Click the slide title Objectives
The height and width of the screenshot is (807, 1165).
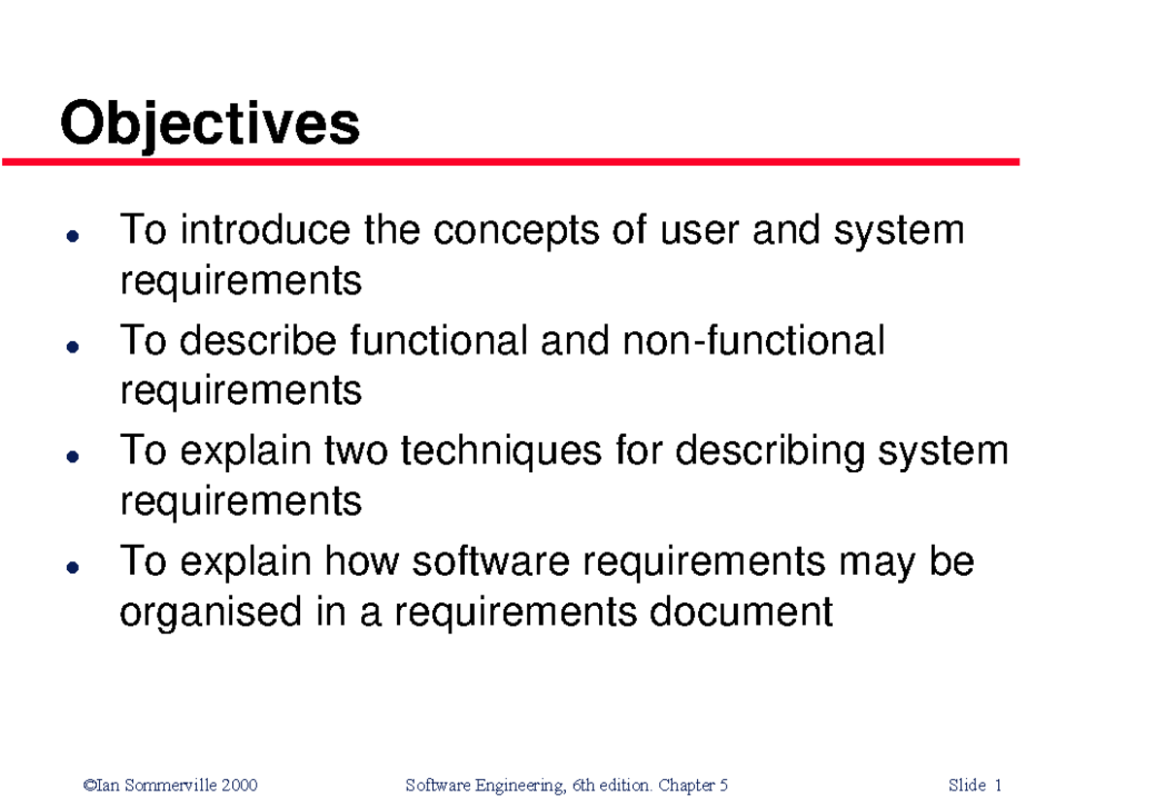pyautogui.click(x=210, y=125)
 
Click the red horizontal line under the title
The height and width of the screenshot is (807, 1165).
pyautogui.click(x=511, y=162)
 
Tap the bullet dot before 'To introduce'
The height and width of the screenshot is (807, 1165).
pyautogui.click(x=71, y=235)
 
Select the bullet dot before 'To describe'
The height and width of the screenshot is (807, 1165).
pyautogui.click(x=71, y=345)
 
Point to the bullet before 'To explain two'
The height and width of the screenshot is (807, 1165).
pyautogui.click(x=71, y=454)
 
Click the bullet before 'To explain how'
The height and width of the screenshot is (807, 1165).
pyautogui.click(x=71, y=564)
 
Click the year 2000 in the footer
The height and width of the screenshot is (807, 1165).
pyautogui.click(x=239, y=785)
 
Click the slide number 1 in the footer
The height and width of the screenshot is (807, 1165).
pyautogui.click(x=998, y=785)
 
